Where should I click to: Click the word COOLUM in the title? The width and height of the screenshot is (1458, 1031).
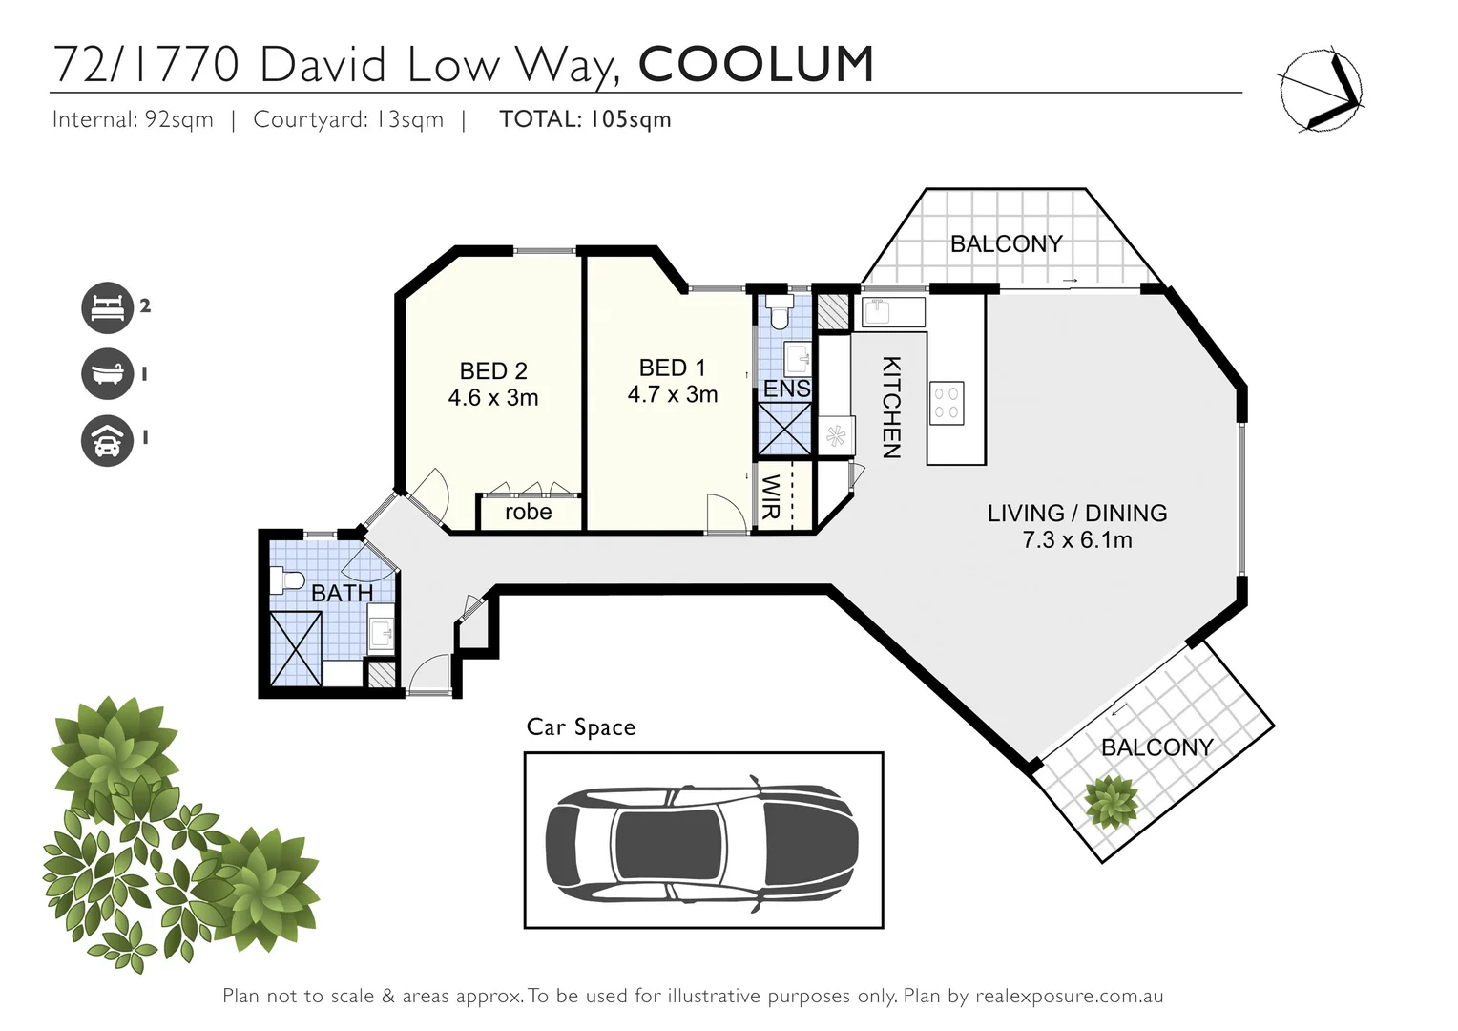coord(756,64)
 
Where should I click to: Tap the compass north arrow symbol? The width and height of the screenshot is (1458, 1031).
coord(1321,89)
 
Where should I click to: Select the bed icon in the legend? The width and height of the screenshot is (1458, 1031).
coord(106,307)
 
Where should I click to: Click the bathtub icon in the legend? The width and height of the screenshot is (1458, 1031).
coord(106,373)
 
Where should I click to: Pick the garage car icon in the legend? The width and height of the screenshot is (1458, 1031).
coord(106,439)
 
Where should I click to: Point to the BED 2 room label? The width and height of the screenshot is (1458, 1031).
coord(493,370)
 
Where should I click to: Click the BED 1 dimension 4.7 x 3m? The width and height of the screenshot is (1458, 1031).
coord(673,394)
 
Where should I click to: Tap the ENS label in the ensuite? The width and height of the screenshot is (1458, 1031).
coord(786,389)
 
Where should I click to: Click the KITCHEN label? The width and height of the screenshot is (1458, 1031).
coord(890,408)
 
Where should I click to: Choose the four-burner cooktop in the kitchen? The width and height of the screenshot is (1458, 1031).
coord(947,403)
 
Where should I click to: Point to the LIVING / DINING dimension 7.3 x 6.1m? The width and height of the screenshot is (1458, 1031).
coord(1077,540)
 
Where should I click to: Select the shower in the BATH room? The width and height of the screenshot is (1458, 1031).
coord(296,648)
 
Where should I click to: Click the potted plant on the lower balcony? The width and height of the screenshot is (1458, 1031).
coord(1112,800)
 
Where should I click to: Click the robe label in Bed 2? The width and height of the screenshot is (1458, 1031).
coord(528,513)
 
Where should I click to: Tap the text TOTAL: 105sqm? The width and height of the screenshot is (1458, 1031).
coord(585,119)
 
